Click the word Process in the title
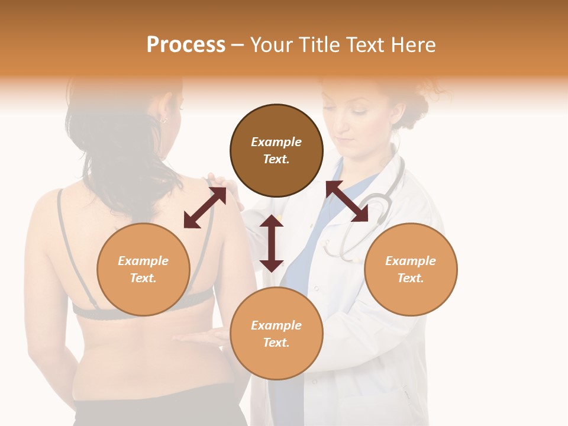click(x=186, y=45)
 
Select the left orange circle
click(x=143, y=269)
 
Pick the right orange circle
click(x=411, y=269)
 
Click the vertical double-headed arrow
click(x=272, y=243)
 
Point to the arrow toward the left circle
click(x=205, y=208)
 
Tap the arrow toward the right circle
click(x=347, y=201)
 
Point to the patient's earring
click(x=163, y=120)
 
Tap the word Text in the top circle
click(x=276, y=159)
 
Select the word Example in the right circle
click(x=411, y=261)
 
